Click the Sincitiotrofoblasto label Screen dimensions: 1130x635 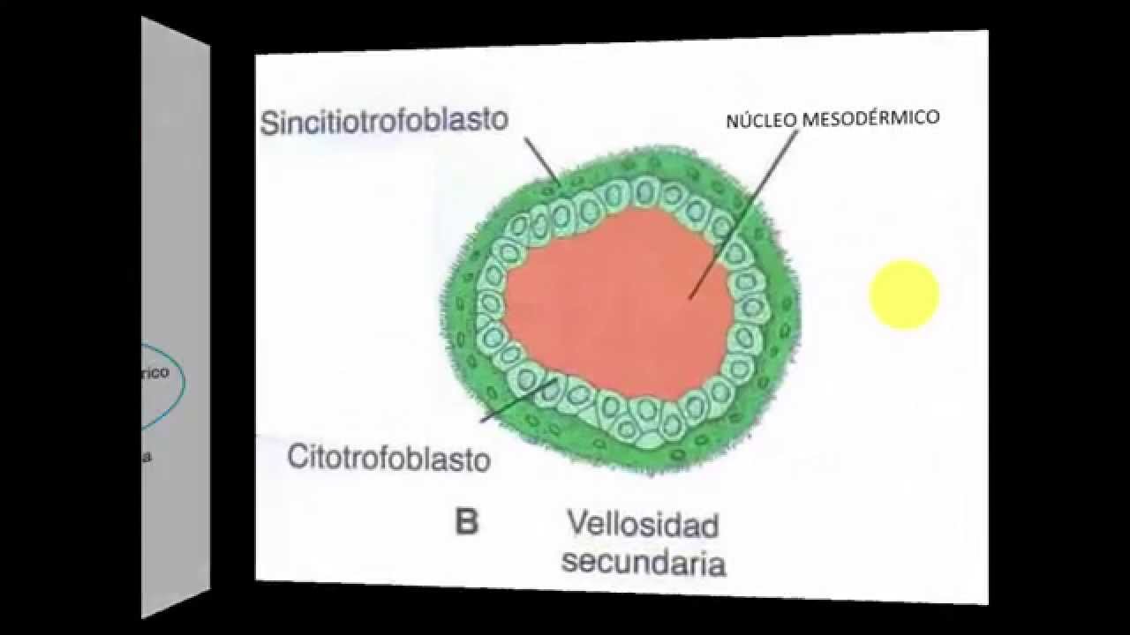click(x=385, y=121)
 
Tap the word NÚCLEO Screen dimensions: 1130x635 click(x=759, y=121)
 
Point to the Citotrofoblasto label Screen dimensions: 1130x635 click(x=389, y=458)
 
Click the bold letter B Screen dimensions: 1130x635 click(x=466, y=522)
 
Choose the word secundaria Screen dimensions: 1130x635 click(x=644, y=561)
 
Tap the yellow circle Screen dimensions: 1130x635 click(x=904, y=295)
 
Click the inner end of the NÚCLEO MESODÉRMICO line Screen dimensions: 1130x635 click(x=691, y=297)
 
